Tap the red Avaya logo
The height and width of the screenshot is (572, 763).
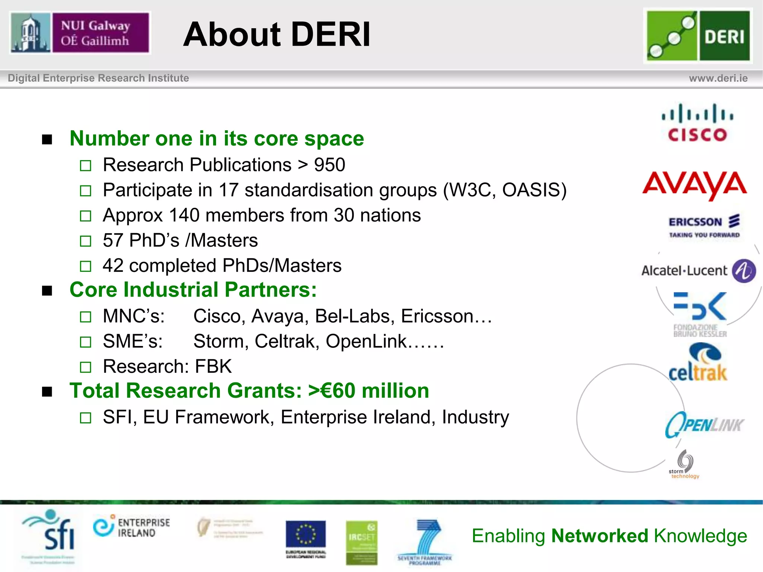(695, 185)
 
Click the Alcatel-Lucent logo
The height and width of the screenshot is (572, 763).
(698, 271)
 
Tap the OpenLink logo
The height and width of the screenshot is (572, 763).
(704, 425)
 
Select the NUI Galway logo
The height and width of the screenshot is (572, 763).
(80, 33)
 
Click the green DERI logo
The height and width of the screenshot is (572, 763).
(698, 36)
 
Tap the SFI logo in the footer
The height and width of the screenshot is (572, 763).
(50, 533)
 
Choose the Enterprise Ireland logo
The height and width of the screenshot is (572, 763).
(132, 527)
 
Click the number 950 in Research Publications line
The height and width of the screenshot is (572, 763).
(330, 165)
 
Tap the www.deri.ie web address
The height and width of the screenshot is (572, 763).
(718, 78)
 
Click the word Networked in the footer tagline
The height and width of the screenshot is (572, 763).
(600, 536)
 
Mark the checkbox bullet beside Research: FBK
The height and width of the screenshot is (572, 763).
(86, 367)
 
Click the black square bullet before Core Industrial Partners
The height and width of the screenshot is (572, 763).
(47, 290)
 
